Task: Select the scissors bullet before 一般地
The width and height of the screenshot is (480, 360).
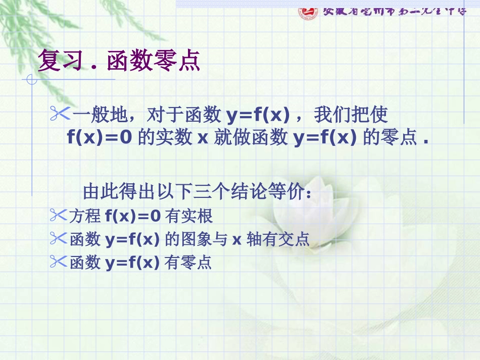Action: pos(60,115)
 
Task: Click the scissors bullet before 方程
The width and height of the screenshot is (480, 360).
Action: pos(59,216)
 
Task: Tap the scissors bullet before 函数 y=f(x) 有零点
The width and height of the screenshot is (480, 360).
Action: pos(59,261)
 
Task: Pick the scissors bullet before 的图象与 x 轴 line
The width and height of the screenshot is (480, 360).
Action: pos(59,238)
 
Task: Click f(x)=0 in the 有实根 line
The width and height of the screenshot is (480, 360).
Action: pos(133,216)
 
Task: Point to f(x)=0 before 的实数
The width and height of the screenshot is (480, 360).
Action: pos(100,138)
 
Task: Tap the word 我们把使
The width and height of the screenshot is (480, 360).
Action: pos(351,115)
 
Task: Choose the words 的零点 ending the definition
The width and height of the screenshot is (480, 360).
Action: pos(392,138)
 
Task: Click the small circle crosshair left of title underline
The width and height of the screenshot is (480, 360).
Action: pos(32,79)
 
